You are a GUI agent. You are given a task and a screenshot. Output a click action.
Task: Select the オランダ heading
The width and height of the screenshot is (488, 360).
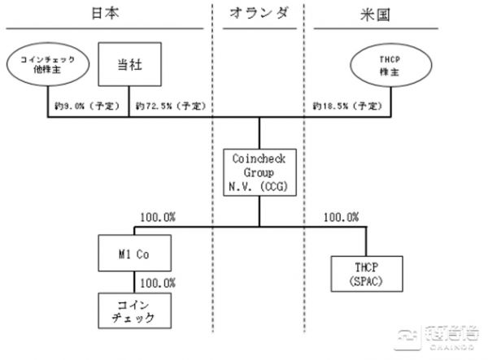tap(259, 14)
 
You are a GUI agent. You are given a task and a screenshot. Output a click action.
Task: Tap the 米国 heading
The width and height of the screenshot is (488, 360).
tap(393, 14)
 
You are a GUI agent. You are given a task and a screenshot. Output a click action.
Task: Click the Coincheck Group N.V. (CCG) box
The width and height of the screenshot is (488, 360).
tap(259, 171)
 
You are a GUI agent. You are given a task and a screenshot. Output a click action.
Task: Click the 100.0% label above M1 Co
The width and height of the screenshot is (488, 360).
tap(159, 217)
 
